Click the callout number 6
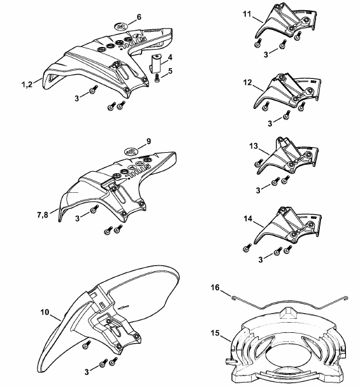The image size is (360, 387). point(139,17)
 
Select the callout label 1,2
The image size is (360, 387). point(27,85)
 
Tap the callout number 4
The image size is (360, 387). point(170,57)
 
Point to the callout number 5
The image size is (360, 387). point(170,71)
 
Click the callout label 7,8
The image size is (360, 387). point(43,215)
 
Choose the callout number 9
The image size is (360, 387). point(148,141)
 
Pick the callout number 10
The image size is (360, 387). point(45,313)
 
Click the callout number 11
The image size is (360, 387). point(247,14)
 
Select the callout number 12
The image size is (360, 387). point(247,83)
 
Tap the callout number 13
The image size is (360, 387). point(254,146)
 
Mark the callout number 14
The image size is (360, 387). point(248,219)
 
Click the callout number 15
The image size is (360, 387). point(215,333)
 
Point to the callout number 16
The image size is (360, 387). point(215,287)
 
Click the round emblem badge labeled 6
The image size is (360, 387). point(121,25)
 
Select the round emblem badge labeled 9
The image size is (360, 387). point(131,151)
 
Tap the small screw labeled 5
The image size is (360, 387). point(157,78)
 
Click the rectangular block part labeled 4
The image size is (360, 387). point(155,64)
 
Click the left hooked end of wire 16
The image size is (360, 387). point(233,298)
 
